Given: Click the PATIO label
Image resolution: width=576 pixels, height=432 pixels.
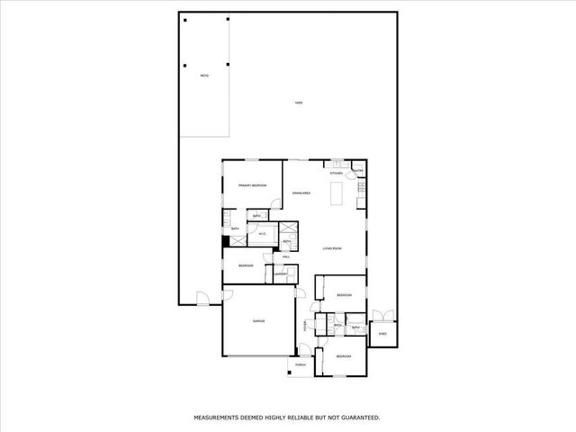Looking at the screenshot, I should coord(204,75).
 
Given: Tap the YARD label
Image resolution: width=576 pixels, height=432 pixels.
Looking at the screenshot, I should coord(299,103).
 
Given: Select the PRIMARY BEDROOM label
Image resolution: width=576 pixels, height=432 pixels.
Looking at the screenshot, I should coord(253,185).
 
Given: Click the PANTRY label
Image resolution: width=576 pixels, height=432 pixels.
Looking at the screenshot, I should coord(357,171).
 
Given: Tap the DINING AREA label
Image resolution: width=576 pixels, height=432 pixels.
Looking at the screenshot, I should coord(301,193).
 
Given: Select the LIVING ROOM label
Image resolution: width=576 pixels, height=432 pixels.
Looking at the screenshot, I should coord(332,248).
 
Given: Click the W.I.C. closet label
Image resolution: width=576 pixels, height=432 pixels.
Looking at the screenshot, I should coord(262,235).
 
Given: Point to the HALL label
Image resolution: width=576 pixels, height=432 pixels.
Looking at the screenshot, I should coord(286,257).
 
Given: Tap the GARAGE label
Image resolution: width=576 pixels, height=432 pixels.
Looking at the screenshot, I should coord(258,321).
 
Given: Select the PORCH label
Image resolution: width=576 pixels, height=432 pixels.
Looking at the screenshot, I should coord(301,364).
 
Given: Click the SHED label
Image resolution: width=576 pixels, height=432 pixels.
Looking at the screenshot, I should coord(382,334).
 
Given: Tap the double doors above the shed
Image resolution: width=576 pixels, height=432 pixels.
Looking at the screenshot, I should coord(382,315).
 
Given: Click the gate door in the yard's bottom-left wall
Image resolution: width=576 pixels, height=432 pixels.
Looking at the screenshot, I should coord(202,298).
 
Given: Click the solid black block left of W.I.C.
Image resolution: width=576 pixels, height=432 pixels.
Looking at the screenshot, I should coord(225,242).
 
